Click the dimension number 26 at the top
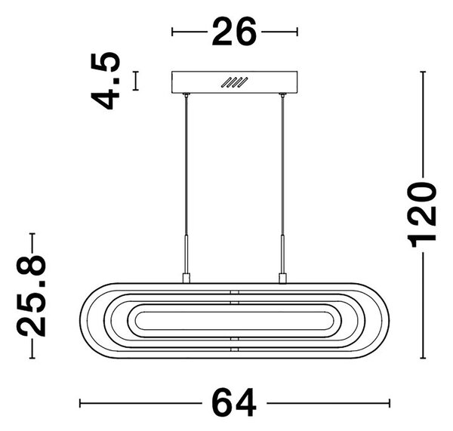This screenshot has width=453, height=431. (234, 32)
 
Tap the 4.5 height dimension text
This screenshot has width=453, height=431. (106, 81)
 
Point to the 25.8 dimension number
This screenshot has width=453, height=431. (31, 296)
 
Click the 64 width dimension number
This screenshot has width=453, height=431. (234, 402)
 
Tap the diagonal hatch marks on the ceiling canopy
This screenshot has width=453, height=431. (234, 82)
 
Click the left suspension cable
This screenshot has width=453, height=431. (186, 165)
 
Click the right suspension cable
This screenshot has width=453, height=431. (282, 165)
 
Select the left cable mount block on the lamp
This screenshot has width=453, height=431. (186, 278)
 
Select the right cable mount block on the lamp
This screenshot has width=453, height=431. (282, 278)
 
